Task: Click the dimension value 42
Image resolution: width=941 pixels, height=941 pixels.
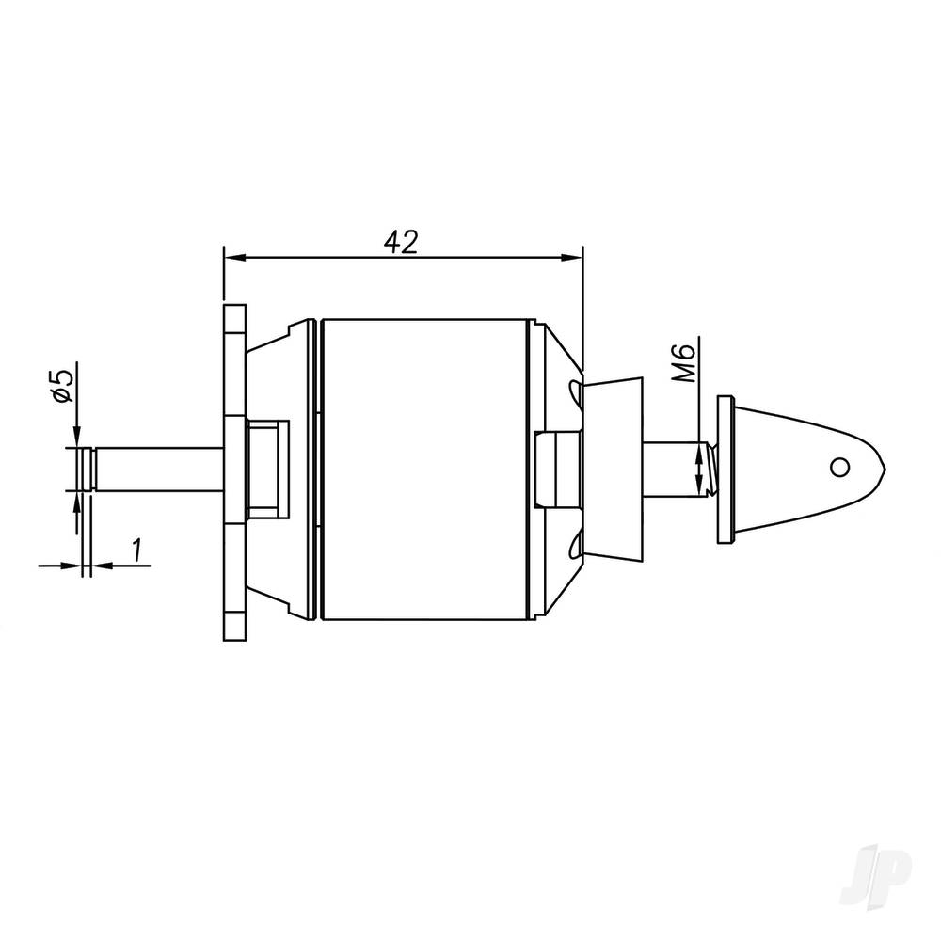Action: tap(401, 241)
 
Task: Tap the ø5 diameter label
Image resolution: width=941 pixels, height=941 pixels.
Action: tap(61, 386)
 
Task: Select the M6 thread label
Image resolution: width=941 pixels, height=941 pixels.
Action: tap(687, 362)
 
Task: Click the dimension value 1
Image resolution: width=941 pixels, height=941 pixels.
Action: tap(138, 549)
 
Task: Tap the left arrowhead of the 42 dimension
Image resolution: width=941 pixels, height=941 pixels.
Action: tap(231, 257)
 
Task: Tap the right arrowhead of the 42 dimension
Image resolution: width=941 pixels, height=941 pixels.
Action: tap(575, 257)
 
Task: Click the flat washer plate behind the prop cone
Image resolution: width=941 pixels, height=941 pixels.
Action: tap(724, 468)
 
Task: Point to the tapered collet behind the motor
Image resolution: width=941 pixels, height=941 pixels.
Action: tap(614, 468)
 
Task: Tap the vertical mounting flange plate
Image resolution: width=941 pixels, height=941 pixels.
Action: tap(233, 470)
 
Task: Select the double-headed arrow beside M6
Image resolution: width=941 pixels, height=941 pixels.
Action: tap(698, 470)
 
